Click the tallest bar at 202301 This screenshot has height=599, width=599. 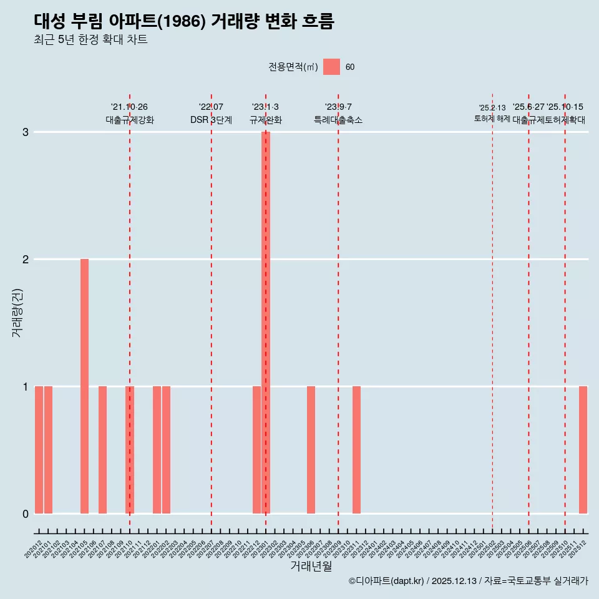(266, 322)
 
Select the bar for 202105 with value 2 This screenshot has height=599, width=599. (84, 386)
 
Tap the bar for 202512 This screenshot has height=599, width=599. (583, 449)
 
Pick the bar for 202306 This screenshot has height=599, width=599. (311, 449)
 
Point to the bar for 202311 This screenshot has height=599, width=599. (356, 449)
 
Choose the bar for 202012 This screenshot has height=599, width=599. (39, 449)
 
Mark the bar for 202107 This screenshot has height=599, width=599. (102, 449)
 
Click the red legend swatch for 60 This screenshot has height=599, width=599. (331, 67)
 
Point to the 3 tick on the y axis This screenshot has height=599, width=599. (26, 132)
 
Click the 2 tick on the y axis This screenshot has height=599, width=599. (26, 259)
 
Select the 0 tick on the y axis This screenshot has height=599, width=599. (26, 514)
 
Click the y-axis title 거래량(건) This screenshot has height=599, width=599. (17, 312)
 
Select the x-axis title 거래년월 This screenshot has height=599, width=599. (311, 566)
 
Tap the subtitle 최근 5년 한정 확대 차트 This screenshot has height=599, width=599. (90, 40)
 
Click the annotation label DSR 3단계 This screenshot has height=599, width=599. (211, 120)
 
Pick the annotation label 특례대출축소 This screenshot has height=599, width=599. (338, 120)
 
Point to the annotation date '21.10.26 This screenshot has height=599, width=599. (129, 107)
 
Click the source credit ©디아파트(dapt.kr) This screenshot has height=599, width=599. (386, 581)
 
